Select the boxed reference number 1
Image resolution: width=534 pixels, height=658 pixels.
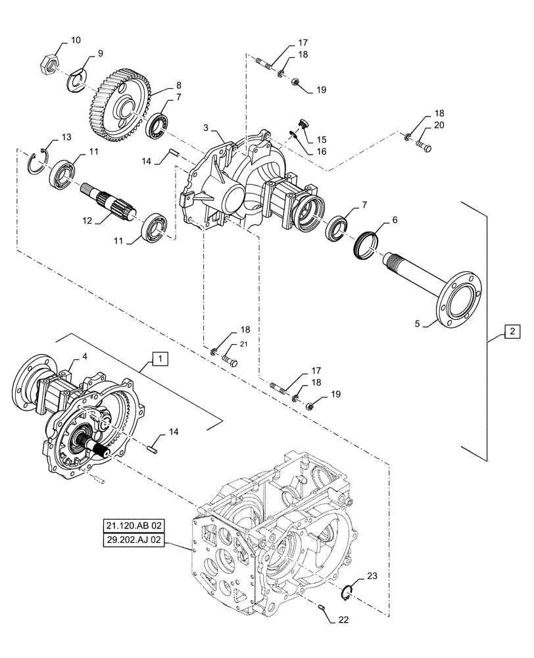coord(161,359)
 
